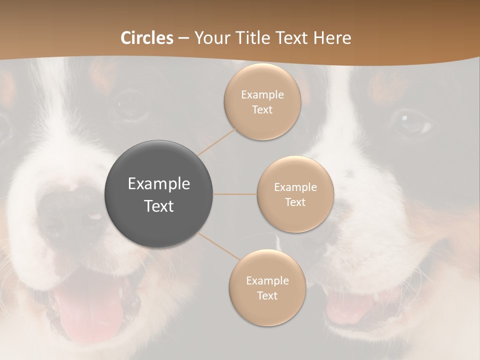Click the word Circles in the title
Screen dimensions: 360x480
[147, 38]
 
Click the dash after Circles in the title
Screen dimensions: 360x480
[183, 38]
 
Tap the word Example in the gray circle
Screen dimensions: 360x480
[159, 184]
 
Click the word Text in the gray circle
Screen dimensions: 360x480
[159, 206]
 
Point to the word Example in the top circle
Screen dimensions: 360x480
[262, 95]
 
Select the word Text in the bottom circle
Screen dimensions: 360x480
[267, 295]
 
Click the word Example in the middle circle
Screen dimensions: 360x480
[295, 187]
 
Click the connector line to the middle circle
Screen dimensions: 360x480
[235, 194]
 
